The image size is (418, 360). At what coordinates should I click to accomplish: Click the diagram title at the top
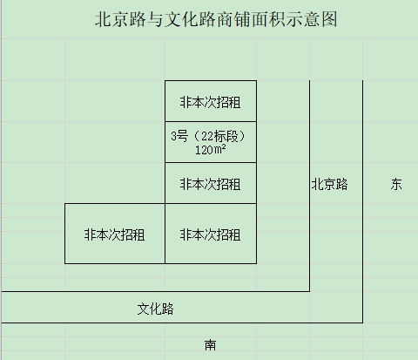point(216,19)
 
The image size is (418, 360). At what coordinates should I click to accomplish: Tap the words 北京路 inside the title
point(120,19)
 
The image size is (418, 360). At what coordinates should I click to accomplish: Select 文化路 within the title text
point(190,19)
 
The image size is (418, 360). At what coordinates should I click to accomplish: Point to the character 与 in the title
point(155,19)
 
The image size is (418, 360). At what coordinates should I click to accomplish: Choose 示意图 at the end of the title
point(312,19)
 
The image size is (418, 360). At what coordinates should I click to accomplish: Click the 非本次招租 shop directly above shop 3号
point(211,101)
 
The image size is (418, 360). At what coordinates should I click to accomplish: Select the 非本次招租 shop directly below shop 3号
point(211,183)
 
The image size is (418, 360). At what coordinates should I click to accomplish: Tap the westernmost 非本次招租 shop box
point(115,234)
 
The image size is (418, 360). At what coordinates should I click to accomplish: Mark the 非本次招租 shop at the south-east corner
point(211,234)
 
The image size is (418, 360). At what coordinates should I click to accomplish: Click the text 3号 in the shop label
point(179,136)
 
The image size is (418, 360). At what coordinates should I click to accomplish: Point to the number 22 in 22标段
point(207,136)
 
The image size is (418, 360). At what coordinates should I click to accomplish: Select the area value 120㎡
point(210,150)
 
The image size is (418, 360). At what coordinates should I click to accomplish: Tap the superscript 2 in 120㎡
point(224,146)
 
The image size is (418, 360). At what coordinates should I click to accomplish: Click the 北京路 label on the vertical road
point(329,184)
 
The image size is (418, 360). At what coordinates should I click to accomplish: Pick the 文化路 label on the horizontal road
point(155,309)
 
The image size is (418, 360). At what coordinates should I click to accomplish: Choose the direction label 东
point(396,184)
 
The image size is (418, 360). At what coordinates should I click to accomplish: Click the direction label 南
point(211,345)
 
